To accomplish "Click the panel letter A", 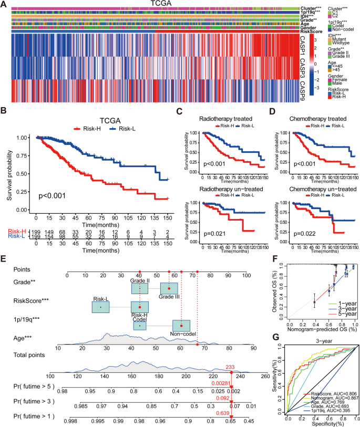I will pyautogui.click(x=5, y=5).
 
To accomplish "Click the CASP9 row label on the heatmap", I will pyautogui.click(x=302, y=87).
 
